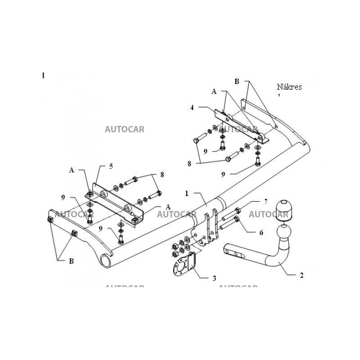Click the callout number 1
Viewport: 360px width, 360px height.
click(x=186, y=193)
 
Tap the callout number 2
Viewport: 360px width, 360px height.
click(x=301, y=275)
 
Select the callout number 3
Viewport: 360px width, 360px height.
click(x=214, y=278)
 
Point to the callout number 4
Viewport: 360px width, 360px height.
click(x=192, y=108)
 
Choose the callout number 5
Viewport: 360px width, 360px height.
click(x=111, y=166)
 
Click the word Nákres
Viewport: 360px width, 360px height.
click(x=289, y=87)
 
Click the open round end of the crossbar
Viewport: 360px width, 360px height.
click(x=106, y=260)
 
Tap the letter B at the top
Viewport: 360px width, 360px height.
click(x=237, y=81)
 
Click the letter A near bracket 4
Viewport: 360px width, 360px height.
click(x=214, y=91)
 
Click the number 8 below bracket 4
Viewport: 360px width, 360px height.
click(x=189, y=164)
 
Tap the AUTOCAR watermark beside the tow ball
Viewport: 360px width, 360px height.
click(x=268, y=214)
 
